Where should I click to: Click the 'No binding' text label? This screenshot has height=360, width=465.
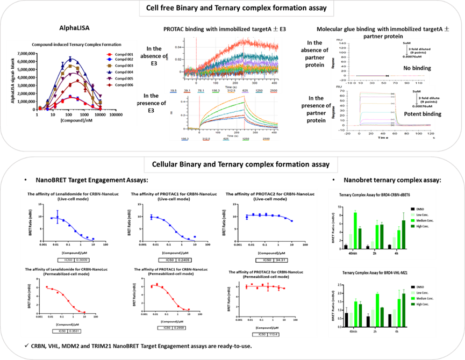pyautogui.click(x=413, y=69)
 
